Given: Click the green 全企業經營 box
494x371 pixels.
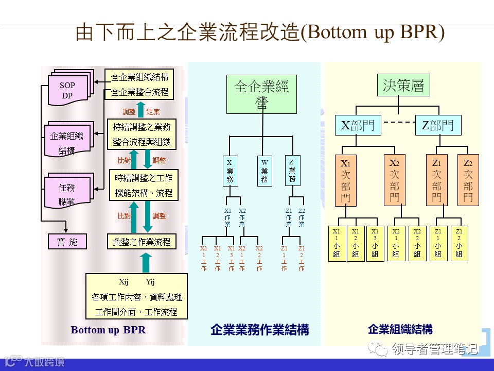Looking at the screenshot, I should pyautogui.click(x=261, y=94).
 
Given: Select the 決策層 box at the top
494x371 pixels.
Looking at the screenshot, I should pyautogui.click(x=403, y=86).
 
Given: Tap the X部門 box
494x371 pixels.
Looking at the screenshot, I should pyautogui.click(x=358, y=125).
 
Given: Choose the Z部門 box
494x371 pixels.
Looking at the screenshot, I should pyautogui.click(x=438, y=125).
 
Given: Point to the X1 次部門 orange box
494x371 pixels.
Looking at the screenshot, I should pyautogui.click(x=346, y=180).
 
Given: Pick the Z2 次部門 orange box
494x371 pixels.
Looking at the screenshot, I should pyautogui.click(x=468, y=180).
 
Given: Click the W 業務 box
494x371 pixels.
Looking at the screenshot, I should pyautogui.click(x=264, y=171).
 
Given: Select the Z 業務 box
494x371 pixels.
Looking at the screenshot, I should pyautogui.click(x=292, y=171).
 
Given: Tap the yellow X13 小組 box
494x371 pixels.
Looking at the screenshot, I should pyautogui.click(x=375, y=243).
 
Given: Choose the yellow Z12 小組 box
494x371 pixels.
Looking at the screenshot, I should pyautogui.click(x=459, y=243).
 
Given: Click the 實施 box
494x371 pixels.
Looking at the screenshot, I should pyautogui.click(x=67, y=242).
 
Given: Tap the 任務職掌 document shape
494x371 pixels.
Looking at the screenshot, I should pyautogui.click(x=67, y=193).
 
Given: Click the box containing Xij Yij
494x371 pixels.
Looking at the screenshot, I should pyautogui.click(x=136, y=297).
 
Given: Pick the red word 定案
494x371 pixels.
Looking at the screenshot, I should pyautogui.click(x=153, y=112).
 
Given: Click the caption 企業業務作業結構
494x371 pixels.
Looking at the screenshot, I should pyautogui.click(x=259, y=330).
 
